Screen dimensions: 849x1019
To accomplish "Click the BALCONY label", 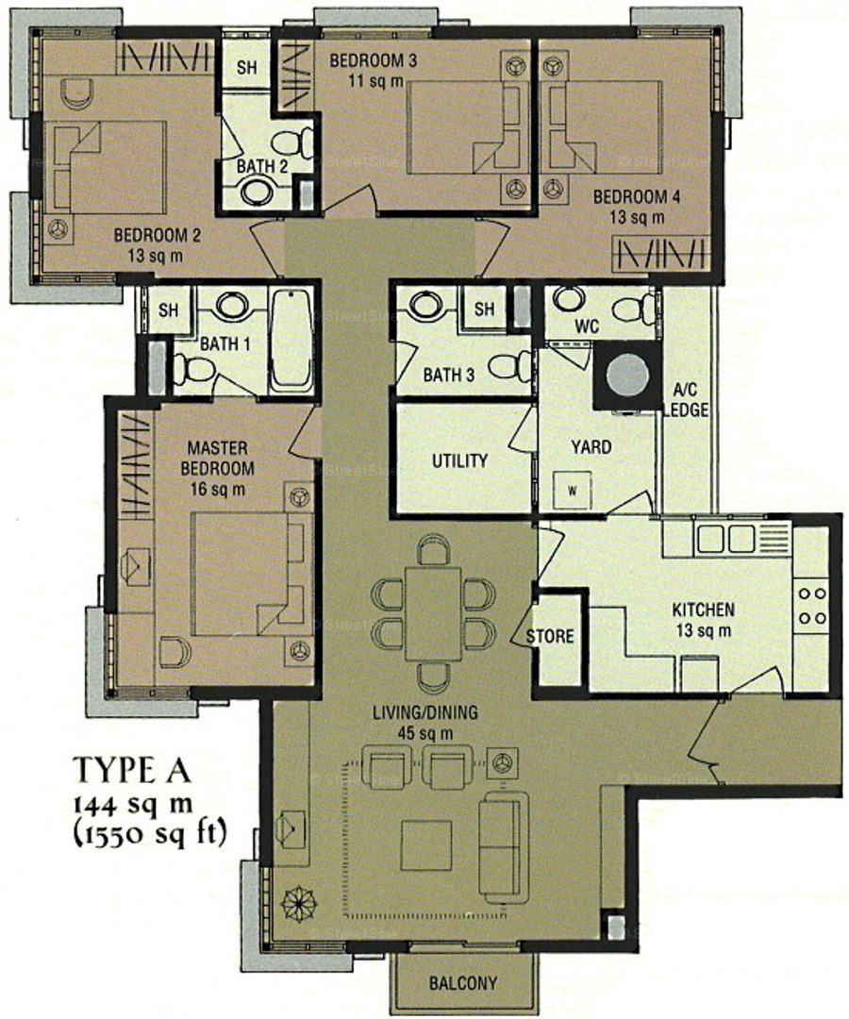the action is pos(463,982).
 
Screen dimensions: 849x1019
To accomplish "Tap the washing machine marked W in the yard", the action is pos(573,491).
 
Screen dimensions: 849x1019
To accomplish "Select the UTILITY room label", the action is pos(460,460).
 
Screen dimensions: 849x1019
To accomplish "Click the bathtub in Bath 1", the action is pos(291,341).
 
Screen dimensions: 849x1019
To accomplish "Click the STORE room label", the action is pos(550,636).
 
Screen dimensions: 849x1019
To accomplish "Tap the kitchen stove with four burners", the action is pos(811,605).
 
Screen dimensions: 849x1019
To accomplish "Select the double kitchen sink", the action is pos(724,539).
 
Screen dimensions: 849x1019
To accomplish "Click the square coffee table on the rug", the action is pos(426,844).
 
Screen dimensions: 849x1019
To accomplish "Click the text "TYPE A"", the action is pos(132,770).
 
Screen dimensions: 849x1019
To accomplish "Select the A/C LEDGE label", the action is pos(691,400).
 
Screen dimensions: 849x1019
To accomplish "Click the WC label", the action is pos(587,325).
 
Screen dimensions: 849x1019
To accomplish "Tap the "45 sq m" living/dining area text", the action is pos(425,733).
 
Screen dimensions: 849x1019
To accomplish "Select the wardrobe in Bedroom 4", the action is pos(660,254).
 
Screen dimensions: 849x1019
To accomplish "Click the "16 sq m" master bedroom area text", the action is pos(218,489).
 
